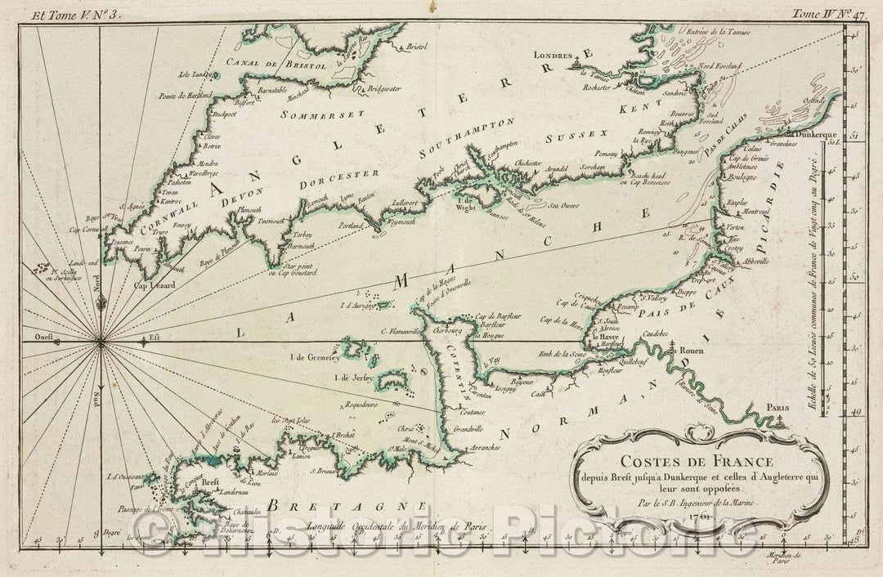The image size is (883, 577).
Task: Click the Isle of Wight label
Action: [x=466, y=201]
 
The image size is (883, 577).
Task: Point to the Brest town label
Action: [x=209, y=481]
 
